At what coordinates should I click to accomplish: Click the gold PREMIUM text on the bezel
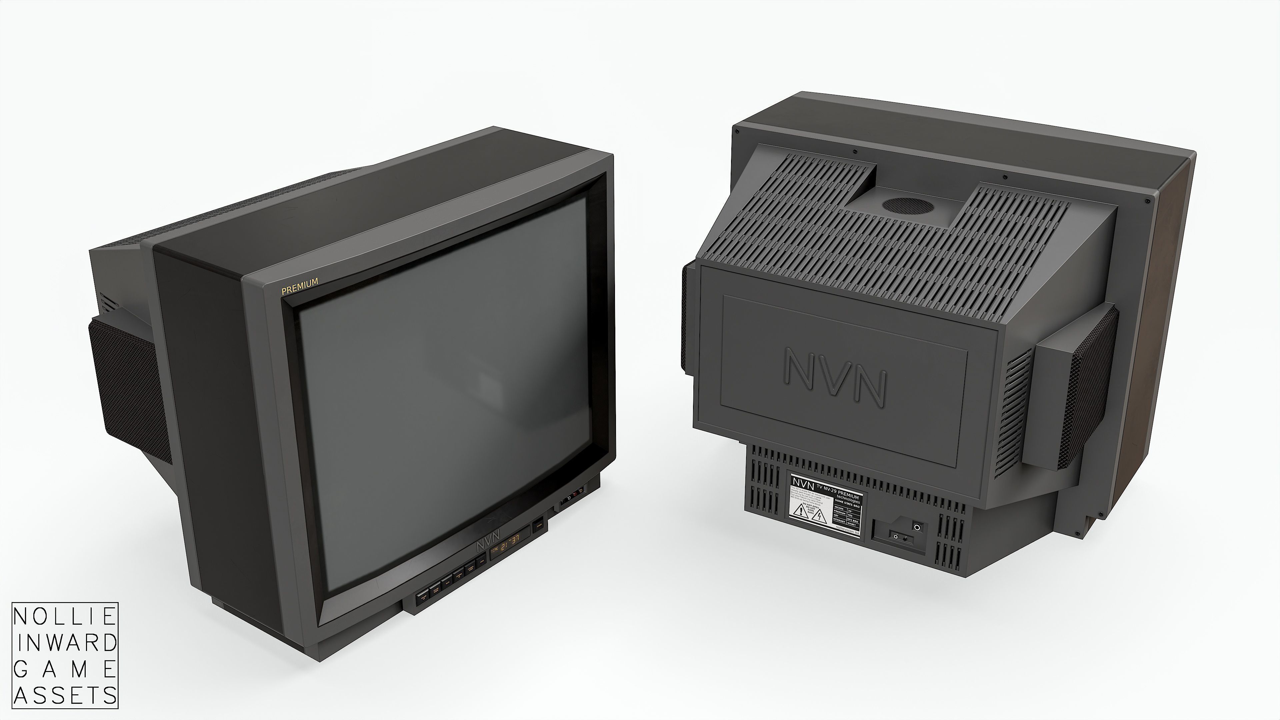300,287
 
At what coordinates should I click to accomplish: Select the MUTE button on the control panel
447,583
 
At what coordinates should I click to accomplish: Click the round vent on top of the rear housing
908,206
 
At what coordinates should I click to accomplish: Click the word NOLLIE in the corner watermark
65,618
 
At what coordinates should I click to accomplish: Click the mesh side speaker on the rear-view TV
1093,388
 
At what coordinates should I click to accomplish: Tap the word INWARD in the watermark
65,643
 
